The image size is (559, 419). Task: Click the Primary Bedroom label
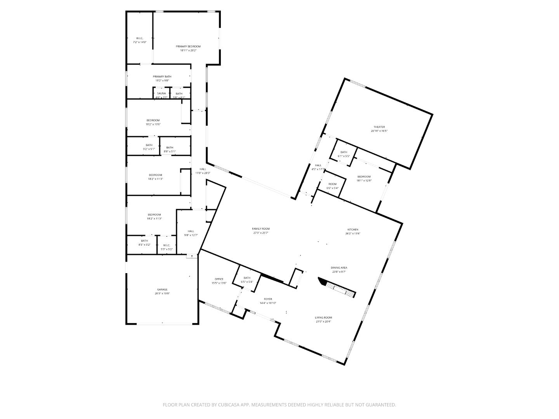click(x=188, y=46)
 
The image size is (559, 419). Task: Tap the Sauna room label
click(x=161, y=93)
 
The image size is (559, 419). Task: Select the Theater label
click(x=379, y=127)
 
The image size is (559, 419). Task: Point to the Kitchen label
click(x=352, y=230)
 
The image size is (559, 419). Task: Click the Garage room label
click(x=162, y=289)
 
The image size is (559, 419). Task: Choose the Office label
click(x=219, y=279)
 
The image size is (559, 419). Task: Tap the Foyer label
click(x=268, y=299)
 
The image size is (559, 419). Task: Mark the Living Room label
click(x=323, y=317)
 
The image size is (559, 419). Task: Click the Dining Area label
click(x=339, y=268)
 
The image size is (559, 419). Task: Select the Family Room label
click(x=260, y=229)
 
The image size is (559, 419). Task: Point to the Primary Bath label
click(x=162, y=76)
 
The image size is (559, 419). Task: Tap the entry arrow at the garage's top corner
click(x=192, y=256)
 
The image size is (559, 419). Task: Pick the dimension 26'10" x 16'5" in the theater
click(x=379, y=131)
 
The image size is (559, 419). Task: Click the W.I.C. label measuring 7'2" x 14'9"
click(x=139, y=38)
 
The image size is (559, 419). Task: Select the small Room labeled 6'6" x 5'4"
click(x=332, y=184)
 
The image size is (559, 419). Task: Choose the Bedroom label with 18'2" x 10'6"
click(x=153, y=120)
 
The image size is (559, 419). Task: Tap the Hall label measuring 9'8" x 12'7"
click(x=191, y=231)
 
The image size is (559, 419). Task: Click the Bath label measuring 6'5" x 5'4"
click(x=247, y=278)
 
